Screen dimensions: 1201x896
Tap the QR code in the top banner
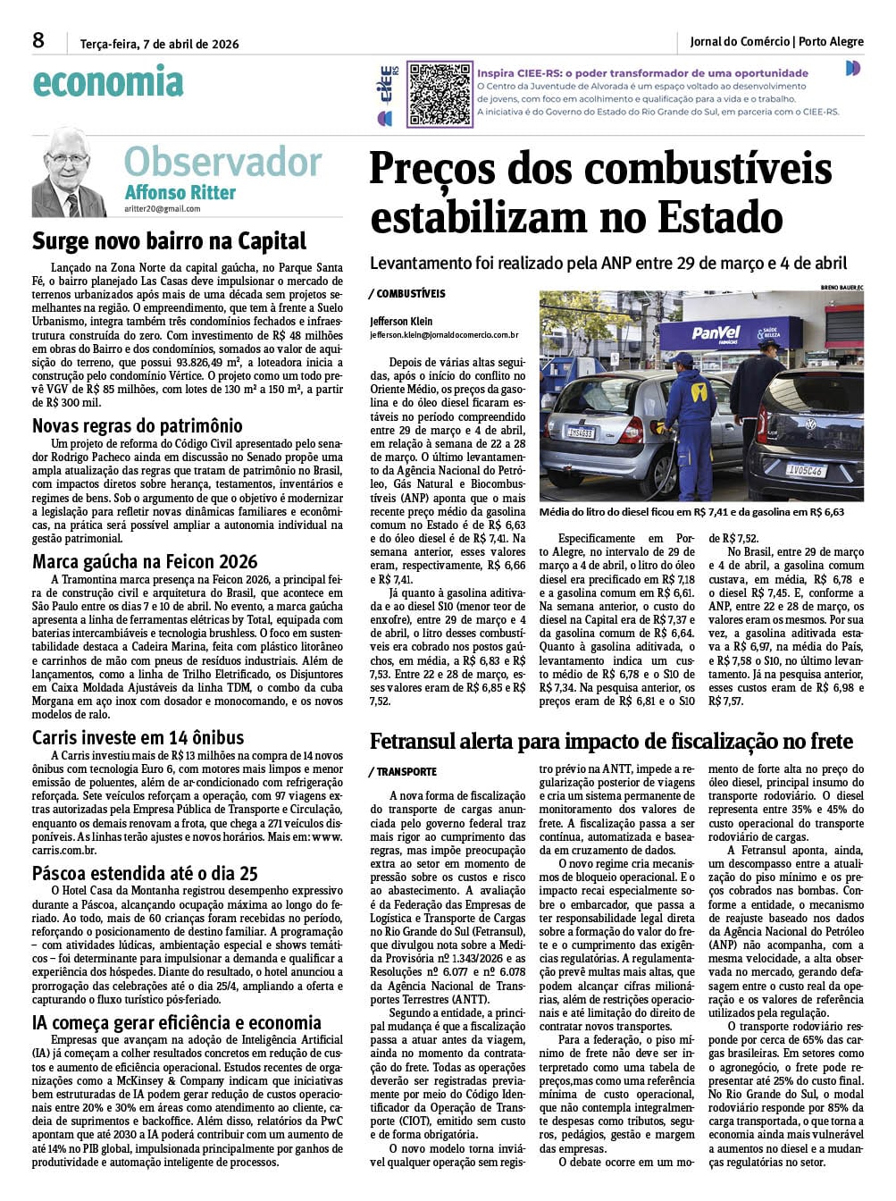pos(440,93)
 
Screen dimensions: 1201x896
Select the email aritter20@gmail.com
pos(163,209)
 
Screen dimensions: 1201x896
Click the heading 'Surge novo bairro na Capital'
pos(170,241)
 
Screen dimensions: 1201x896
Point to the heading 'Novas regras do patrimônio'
pos(138,425)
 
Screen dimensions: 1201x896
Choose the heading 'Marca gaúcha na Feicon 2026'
pos(145,562)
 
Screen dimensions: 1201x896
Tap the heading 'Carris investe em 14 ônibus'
pos(138,737)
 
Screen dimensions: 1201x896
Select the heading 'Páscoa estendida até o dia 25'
pos(145,873)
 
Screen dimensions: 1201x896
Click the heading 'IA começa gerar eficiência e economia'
pos(177,1022)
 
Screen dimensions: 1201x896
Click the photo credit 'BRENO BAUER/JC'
pos(842,287)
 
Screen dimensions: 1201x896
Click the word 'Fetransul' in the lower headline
pos(421,741)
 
